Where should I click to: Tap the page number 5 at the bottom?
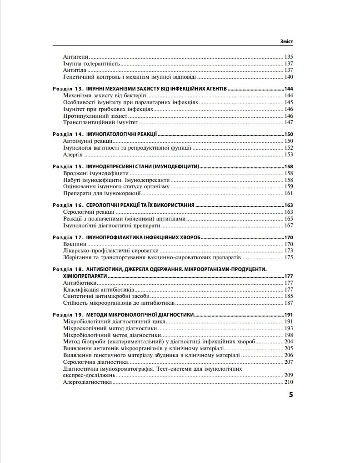tap(290, 394)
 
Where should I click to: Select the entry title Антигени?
tap(75, 57)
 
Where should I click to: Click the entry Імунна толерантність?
tap(91, 64)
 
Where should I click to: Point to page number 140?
tap(288, 76)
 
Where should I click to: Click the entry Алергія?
tap(73, 155)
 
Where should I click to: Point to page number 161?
tap(288, 193)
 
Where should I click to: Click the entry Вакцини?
tap(74, 244)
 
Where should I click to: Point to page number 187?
tap(288, 302)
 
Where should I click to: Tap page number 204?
tap(288, 341)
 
